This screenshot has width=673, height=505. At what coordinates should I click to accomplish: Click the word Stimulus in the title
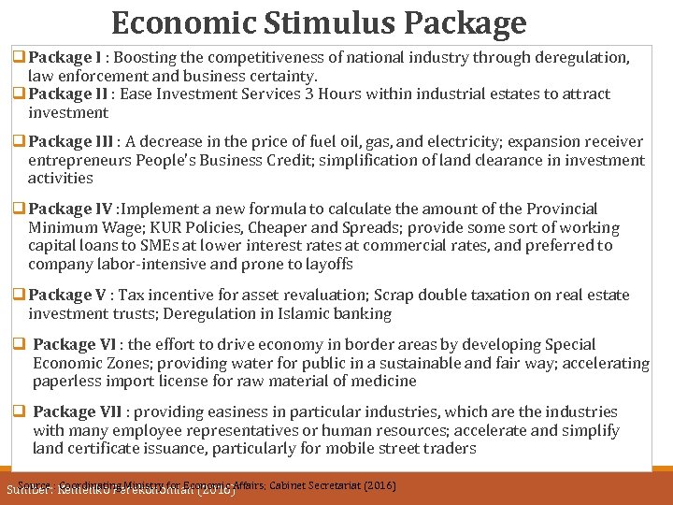click(318, 22)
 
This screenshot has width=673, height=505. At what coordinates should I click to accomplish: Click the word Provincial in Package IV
click(550, 209)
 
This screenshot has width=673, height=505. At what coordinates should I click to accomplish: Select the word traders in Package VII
click(451, 449)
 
